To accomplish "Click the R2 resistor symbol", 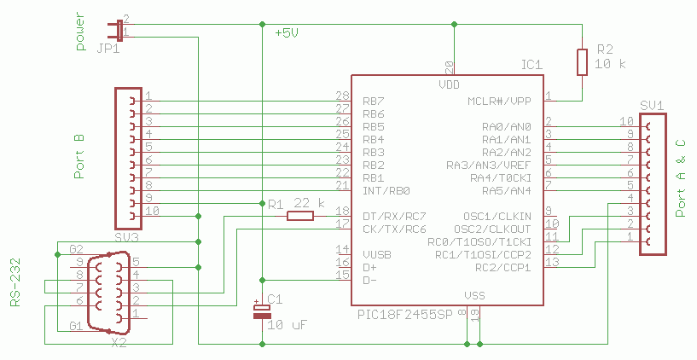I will (582, 61).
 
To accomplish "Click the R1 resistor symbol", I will (299, 216).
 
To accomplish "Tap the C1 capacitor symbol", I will (261, 312).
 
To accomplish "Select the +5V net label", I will (287, 33).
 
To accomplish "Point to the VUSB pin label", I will (377, 254).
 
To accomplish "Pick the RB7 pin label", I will (373, 102).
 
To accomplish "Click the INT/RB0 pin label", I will (386, 190).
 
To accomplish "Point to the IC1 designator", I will (531, 65).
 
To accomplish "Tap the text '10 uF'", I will (287, 325).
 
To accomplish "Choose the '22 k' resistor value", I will (309, 203).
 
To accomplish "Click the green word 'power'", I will (82, 33).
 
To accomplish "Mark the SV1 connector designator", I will (651, 105).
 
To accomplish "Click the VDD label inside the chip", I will (450, 85).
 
